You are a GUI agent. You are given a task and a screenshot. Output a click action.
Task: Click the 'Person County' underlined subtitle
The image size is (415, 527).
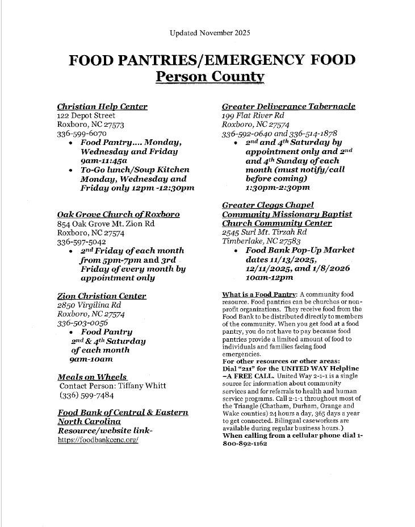click(x=210, y=76)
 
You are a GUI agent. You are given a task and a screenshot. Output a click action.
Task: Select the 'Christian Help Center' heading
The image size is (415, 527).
click(x=102, y=107)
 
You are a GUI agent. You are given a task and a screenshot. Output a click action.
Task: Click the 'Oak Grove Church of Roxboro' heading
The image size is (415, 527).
click(x=119, y=214)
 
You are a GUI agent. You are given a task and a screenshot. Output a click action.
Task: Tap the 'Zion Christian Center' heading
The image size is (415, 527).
click(x=102, y=296)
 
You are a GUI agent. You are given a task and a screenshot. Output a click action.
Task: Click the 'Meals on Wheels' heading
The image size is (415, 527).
click(x=93, y=377)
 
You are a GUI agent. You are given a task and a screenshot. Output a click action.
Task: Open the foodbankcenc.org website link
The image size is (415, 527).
click(x=98, y=440)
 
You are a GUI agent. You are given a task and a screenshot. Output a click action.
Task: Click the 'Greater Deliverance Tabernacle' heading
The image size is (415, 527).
click(x=288, y=107)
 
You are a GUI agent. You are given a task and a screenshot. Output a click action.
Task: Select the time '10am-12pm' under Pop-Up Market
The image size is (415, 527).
click(x=270, y=277)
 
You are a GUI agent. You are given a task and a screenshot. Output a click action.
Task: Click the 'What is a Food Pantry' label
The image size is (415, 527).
click(x=259, y=294)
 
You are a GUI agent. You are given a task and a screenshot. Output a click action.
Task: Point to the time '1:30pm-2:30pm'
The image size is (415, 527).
click(x=278, y=187)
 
